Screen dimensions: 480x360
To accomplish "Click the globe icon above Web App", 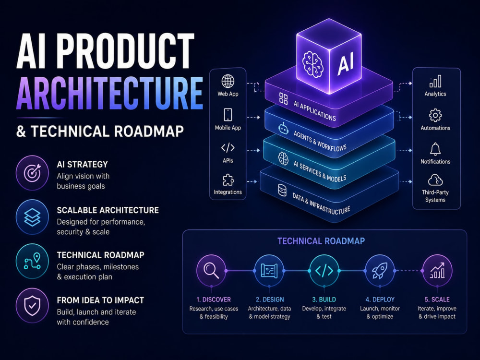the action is pyautogui.click(x=228, y=81).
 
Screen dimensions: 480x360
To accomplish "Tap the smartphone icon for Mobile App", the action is pyautogui.click(x=228, y=115).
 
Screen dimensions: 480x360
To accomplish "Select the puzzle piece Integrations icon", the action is pyautogui.click(x=228, y=180).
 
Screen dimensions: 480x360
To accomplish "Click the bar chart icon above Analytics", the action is pyautogui.click(x=435, y=81).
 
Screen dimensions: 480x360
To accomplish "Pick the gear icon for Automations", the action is pyautogui.click(x=435, y=115).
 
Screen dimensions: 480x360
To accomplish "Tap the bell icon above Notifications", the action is pyautogui.click(x=435, y=149).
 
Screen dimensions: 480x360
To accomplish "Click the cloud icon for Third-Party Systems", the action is pyautogui.click(x=435, y=180).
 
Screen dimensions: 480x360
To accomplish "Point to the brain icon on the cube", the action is pyautogui.click(x=312, y=63).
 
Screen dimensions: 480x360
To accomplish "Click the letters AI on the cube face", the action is pyautogui.click(x=345, y=63).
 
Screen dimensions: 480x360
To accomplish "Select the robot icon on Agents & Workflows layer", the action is pyautogui.click(x=284, y=129).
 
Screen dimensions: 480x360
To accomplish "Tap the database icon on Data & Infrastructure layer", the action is pyautogui.click(x=282, y=190).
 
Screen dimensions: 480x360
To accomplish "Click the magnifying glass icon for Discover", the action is pyautogui.click(x=211, y=270).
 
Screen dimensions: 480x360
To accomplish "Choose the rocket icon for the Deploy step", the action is pyautogui.click(x=379, y=271).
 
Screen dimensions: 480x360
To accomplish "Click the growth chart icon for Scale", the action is pyautogui.click(x=437, y=270).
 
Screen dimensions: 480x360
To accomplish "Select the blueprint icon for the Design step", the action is pyautogui.click(x=269, y=271).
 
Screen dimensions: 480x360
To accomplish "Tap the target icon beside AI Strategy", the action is pyautogui.click(x=32, y=173).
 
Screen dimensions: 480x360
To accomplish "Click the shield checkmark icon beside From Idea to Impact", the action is pyautogui.click(x=32, y=305).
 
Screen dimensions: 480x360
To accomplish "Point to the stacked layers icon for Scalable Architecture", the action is pyautogui.click(x=32, y=217).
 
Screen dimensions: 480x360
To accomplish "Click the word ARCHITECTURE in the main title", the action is pyautogui.click(x=109, y=93).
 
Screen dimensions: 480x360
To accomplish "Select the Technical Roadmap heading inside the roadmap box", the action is pyautogui.click(x=321, y=241).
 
